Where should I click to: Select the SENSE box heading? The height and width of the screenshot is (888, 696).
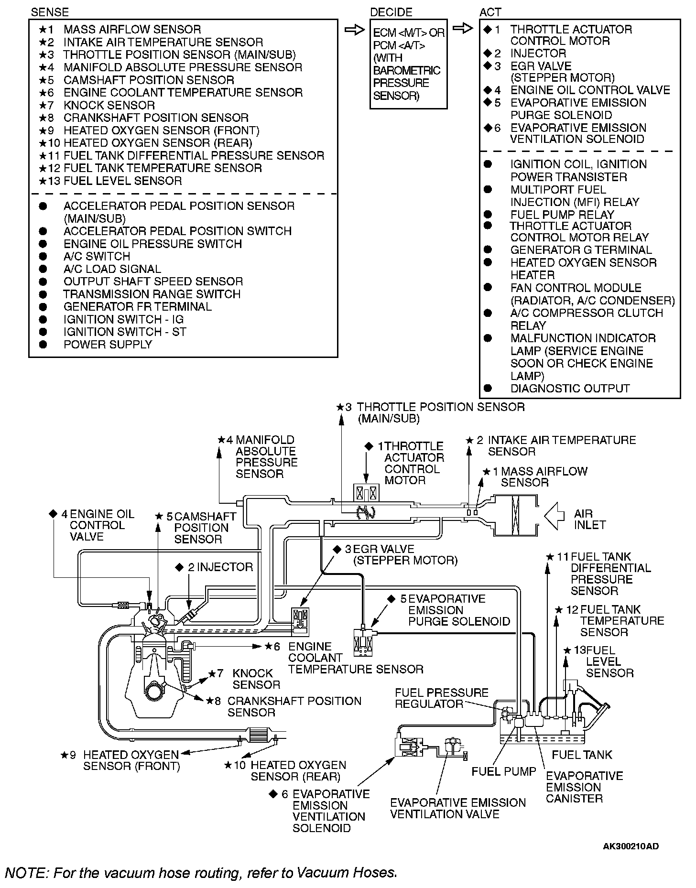click(50, 12)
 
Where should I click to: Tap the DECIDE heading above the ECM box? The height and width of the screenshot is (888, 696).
click(391, 12)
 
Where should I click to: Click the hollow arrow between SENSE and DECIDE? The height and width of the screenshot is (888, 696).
click(354, 30)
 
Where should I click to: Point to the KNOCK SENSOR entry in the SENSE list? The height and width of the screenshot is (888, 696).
click(109, 105)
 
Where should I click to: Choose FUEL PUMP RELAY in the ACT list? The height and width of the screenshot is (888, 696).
click(562, 215)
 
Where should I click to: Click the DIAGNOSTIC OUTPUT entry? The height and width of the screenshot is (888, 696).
click(570, 389)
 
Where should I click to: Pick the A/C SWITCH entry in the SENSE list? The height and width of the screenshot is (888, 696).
click(97, 256)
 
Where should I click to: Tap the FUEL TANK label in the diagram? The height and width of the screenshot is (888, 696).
click(581, 755)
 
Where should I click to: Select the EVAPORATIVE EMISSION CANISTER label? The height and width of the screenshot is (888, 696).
click(584, 787)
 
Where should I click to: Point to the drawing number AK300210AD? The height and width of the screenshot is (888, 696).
click(631, 846)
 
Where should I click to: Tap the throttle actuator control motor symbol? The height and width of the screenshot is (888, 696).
click(366, 493)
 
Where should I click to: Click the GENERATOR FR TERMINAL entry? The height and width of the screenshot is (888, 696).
click(137, 307)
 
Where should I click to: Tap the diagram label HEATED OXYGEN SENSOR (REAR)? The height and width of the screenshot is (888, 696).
click(298, 770)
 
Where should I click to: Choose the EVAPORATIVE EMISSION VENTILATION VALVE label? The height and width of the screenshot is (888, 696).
click(457, 808)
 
